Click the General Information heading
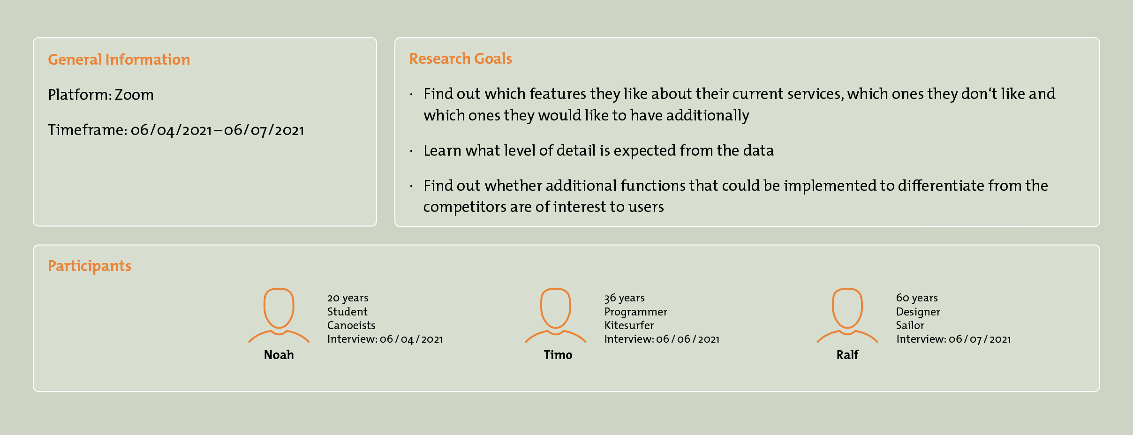click(x=119, y=60)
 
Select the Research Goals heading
click(x=461, y=59)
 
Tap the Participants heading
click(x=90, y=266)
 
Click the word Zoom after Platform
click(x=134, y=95)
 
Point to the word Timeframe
click(x=87, y=130)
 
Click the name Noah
click(x=279, y=355)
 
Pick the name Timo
click(x=558, y=355)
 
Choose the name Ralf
click(x=847, y=355)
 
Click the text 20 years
click(x=348, y=298)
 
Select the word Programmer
click(x=636, y=312)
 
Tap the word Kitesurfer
click(x=629, y=325)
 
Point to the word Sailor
click(x=910, y=325)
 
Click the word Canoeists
click(x=351, y=325)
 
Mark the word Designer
click(x=918, y=312)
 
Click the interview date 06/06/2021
click(x=688, y=339)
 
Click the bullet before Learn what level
click(x=411, y=151)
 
